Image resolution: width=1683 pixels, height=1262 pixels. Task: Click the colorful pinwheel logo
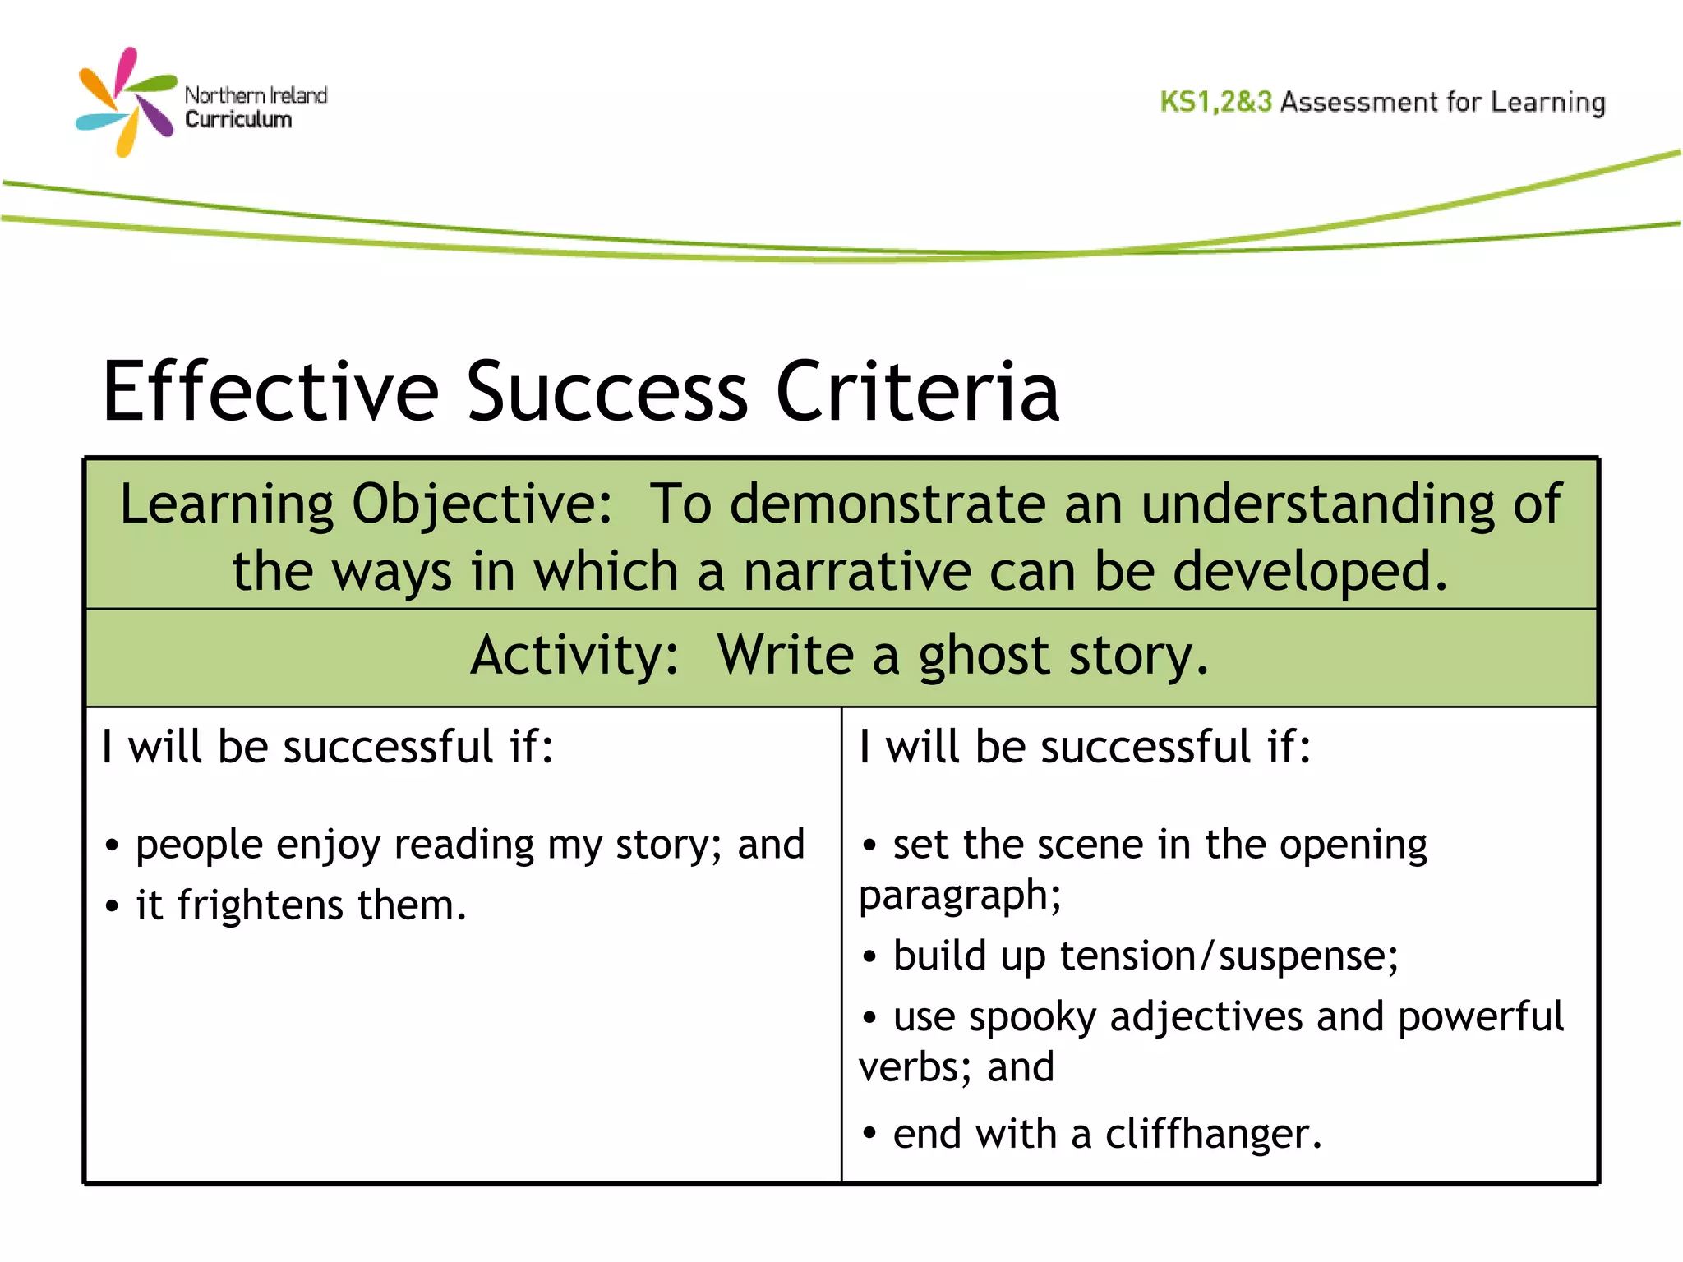click(126, 102)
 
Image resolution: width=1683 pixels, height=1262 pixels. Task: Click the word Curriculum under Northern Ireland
click(238, 120)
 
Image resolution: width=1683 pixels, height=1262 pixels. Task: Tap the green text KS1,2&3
click(1215, 102)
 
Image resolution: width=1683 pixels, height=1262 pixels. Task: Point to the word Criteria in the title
click(917, 392)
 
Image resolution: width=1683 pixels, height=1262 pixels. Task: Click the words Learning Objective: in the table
click(366, 504)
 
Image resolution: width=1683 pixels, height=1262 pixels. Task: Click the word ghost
click(984, 657)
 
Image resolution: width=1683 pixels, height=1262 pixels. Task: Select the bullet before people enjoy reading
click(113, 846)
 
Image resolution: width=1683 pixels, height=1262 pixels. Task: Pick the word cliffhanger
click(1212, 1135)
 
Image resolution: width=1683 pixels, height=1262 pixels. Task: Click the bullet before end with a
click(869, 1135)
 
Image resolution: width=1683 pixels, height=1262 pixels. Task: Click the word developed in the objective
click(1309, 572)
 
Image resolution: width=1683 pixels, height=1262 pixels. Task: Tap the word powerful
click(1480, 1018)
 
